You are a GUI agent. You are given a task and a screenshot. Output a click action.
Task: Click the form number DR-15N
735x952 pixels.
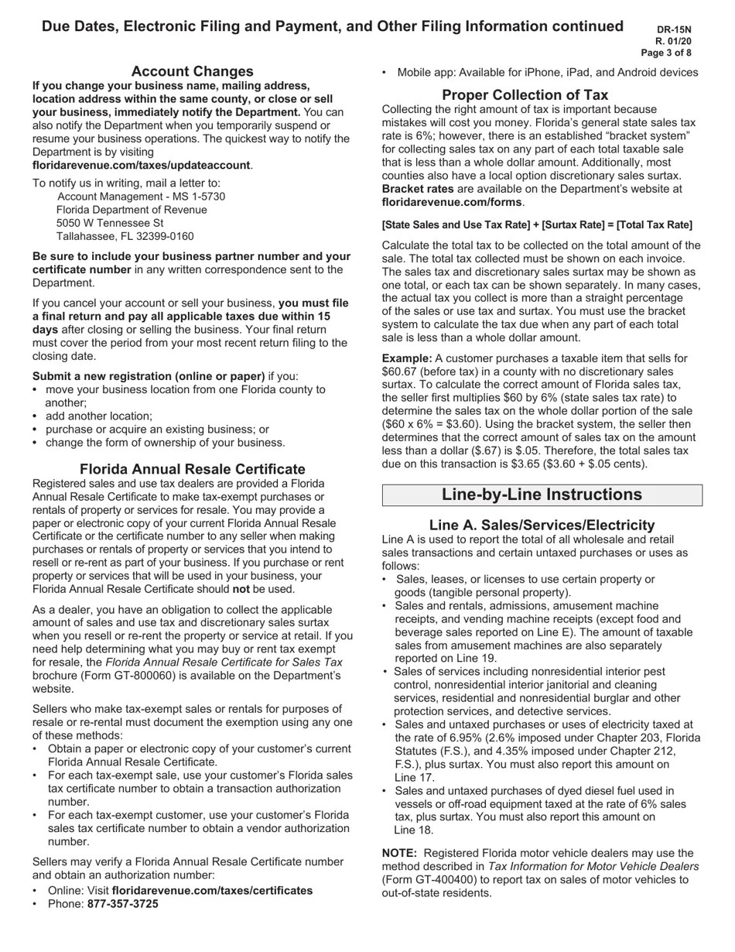[674, 29]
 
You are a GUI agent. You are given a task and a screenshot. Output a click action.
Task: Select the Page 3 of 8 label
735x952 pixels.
[666, 53]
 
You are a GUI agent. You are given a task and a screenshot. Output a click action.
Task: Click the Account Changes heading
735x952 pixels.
[192, 71]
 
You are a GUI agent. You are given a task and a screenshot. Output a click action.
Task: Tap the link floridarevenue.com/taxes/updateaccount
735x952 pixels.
[142, 165]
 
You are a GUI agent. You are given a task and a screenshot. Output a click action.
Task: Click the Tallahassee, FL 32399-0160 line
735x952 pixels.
[125, 236]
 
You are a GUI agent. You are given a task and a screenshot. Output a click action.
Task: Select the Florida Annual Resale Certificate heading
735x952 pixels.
[192, 469]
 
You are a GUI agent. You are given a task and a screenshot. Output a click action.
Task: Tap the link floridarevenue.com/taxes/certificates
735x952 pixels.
[212, 890]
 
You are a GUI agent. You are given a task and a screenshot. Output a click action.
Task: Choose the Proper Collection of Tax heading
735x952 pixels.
[525, 94]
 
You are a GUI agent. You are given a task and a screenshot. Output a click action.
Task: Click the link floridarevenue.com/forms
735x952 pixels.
[452, 202]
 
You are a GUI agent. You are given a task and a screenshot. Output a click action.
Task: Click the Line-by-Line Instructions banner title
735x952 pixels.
[542, 495]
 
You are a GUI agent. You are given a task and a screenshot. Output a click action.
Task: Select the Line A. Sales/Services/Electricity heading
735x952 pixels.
[542, 525]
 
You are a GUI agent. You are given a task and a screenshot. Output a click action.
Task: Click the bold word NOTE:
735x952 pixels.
[399, 853]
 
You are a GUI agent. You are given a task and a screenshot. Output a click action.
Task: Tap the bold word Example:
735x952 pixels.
[407, 358]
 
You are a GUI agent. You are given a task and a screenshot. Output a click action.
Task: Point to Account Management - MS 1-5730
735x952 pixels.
[142, 197]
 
